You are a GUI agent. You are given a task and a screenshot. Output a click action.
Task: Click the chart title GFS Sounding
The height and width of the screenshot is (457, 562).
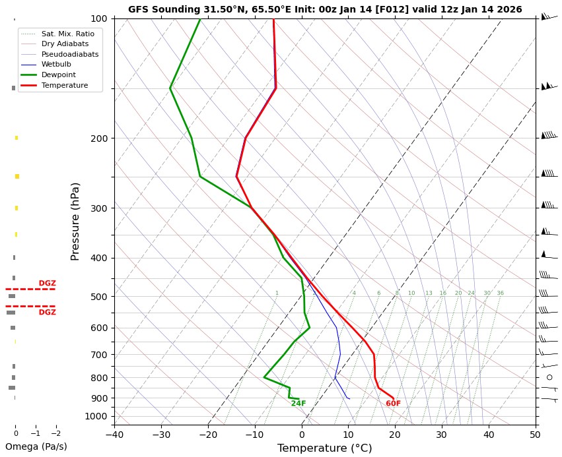(325, 10)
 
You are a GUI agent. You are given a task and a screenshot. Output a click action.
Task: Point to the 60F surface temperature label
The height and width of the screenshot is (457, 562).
(393, 404)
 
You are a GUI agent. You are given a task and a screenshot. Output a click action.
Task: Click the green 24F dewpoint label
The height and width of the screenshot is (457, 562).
(299, 404)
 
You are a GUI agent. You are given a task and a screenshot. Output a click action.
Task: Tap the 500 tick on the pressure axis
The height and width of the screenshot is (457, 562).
(98, 297)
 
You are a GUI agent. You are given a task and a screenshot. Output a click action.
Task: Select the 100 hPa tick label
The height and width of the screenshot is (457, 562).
(98, 18)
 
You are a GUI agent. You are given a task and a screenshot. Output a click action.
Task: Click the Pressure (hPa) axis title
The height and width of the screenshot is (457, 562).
(75, 221)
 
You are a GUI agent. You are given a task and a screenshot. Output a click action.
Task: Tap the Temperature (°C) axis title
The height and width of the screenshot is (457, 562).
(324, 448)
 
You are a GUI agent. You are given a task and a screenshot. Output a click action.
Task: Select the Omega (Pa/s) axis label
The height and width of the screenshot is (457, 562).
(36, 446)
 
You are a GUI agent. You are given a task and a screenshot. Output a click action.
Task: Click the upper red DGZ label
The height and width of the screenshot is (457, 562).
(48, 284)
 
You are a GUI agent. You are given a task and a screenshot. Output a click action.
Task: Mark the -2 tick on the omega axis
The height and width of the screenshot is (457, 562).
(56, 433)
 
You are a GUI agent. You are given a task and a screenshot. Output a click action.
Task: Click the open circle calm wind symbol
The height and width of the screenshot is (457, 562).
(549, 377)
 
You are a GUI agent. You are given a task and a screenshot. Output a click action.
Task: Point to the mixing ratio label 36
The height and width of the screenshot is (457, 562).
(500, 293)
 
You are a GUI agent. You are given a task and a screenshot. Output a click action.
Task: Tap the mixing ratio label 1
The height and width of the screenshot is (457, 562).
(277, 293)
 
